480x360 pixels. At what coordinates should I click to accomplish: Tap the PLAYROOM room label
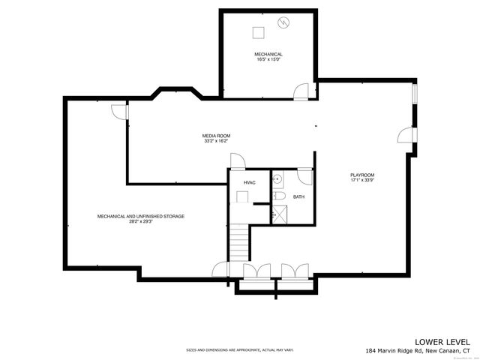[x=362, y=175]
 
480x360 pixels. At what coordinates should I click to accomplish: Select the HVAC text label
[x=249, y=182]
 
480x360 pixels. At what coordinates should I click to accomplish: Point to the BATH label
[x=298, y=197]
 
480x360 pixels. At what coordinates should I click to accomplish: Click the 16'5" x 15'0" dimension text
[x=268, y=60]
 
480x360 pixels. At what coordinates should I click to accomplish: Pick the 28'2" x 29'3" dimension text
[x=141, y=221]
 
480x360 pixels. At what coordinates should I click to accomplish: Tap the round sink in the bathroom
[x=276, y=179]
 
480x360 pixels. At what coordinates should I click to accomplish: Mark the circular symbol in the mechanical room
[x=283, y=22]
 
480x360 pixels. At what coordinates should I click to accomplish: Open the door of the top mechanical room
[x=301, y=91]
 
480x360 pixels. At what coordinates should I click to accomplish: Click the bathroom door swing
[x=305, y=177]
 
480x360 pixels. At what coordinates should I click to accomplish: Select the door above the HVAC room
[x=236, y=161]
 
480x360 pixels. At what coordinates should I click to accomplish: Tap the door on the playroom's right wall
[x=405, y=136]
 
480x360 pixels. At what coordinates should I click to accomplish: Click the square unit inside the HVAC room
[x=242, y=197]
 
